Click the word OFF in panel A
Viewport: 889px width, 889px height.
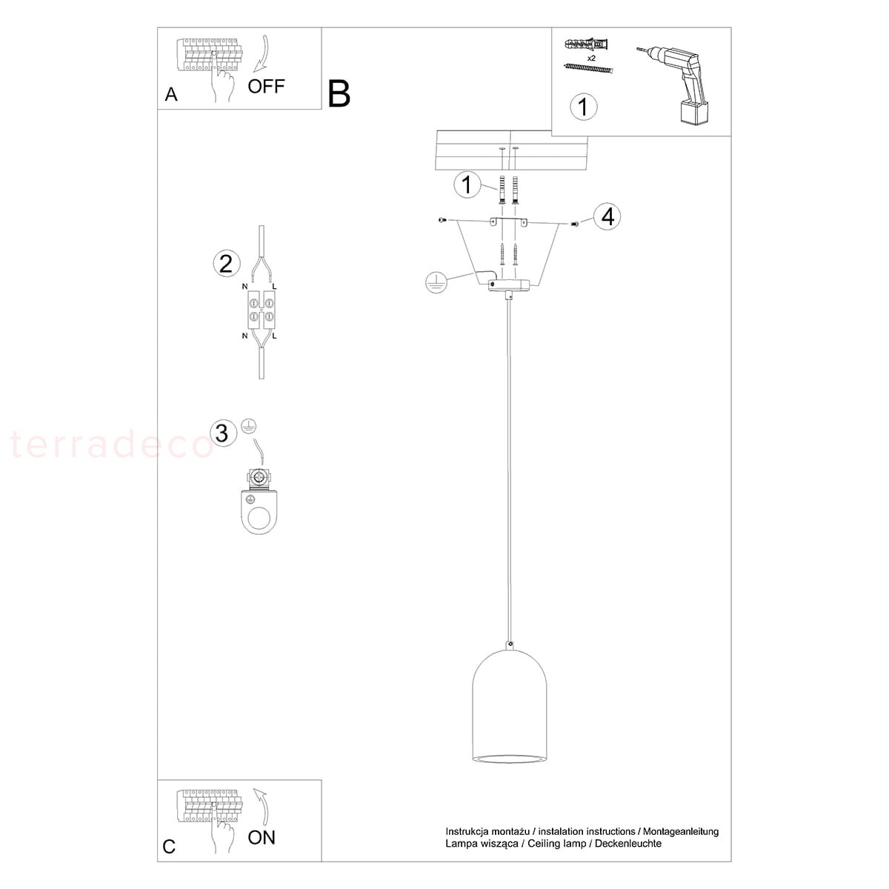pos(266,86)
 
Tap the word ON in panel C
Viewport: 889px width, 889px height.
pos(262,838)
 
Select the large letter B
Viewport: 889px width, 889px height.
pos(339,93)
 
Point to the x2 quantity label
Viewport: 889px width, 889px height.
pos(591,58)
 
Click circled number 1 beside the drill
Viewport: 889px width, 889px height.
pos(583,107)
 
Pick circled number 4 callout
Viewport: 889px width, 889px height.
pos(607,217)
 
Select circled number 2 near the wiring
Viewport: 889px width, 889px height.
pos(226,264)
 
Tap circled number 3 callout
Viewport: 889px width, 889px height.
pos(222,433)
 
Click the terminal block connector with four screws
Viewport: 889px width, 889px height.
pos(262,310)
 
